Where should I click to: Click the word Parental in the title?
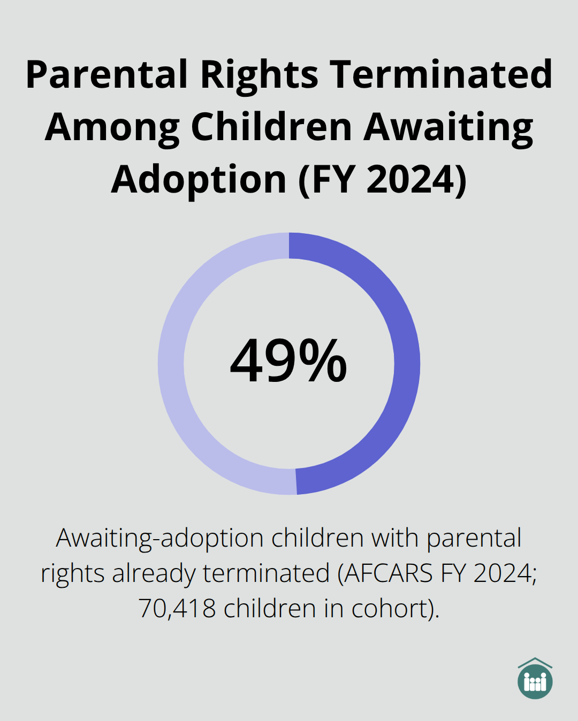click(x=107, y=75)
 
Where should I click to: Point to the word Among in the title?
click(x=112, y=127)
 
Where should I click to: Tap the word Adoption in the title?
click(x=199, y=180)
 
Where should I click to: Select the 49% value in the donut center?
click(x=288, y=362)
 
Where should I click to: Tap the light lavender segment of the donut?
click(x=171, y=364)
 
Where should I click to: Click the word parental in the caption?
click(x=474, y=538)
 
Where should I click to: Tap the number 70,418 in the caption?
click(x=177, y=609)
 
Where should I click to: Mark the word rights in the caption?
click(x=72, y=573)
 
